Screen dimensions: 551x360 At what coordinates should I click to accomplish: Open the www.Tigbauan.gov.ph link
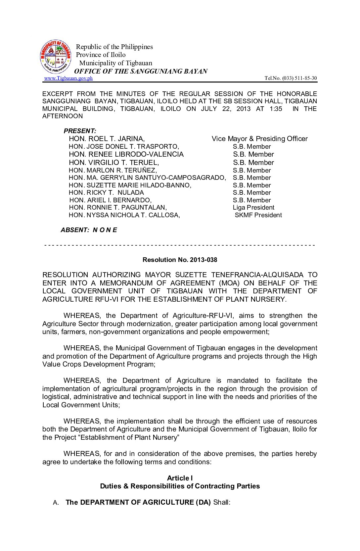pos(68,78)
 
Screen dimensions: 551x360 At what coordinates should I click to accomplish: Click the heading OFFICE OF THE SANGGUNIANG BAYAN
pos(141,71)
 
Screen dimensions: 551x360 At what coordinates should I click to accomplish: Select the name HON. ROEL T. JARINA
pos(107,139)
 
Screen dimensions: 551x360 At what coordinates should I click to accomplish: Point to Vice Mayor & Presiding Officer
pos(259,139)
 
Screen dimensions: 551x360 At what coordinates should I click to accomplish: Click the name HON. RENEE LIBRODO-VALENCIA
pos(126,154)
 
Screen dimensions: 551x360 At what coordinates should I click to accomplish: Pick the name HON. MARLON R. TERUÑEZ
pos(113,171)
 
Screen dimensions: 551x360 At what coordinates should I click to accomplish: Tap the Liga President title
pos(253,208)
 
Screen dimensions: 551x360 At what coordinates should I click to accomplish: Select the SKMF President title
pos(258,215)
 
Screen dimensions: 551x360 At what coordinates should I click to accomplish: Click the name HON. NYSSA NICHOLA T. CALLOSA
pos(124,215)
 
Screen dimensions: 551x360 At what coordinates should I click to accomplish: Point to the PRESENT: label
pos(80,131)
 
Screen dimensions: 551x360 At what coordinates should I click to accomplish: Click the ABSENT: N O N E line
pos(89,230)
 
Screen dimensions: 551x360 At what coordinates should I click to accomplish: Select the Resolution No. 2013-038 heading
pos(180,260)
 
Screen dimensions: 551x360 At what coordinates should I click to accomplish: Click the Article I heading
pos(180,478)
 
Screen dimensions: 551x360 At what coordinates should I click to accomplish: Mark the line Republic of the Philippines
pos(114,47)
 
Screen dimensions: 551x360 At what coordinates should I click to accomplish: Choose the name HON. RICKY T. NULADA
pos(106,193)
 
